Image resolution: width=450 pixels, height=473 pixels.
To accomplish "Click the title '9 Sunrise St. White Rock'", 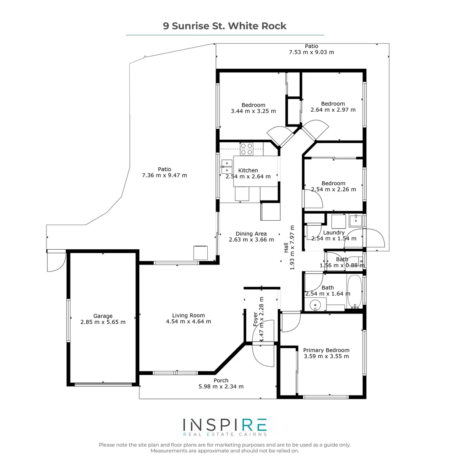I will click(225, 26).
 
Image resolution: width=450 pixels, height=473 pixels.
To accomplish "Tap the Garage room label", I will click(103, 316).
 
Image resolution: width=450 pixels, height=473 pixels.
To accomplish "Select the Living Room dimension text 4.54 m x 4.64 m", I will click(188, 321).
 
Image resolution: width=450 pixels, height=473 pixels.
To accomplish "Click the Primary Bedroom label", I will click(326, 350).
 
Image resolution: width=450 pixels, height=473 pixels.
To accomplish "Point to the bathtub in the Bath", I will click(354, 291).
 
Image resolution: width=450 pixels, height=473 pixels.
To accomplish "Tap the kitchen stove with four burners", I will click(246, 149).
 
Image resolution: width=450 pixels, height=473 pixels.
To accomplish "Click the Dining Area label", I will click(251, 234).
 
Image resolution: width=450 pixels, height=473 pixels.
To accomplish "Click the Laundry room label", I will click(334, 233).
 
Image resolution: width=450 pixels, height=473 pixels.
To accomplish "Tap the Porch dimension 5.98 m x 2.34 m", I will click(221, 387).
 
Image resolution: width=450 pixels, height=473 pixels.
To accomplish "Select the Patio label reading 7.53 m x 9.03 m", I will click(312, 52).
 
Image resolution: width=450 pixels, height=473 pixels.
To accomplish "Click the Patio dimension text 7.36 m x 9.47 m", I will click(165, 175).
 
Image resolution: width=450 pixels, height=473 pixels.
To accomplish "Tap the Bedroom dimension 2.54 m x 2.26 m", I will click(333, 190).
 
